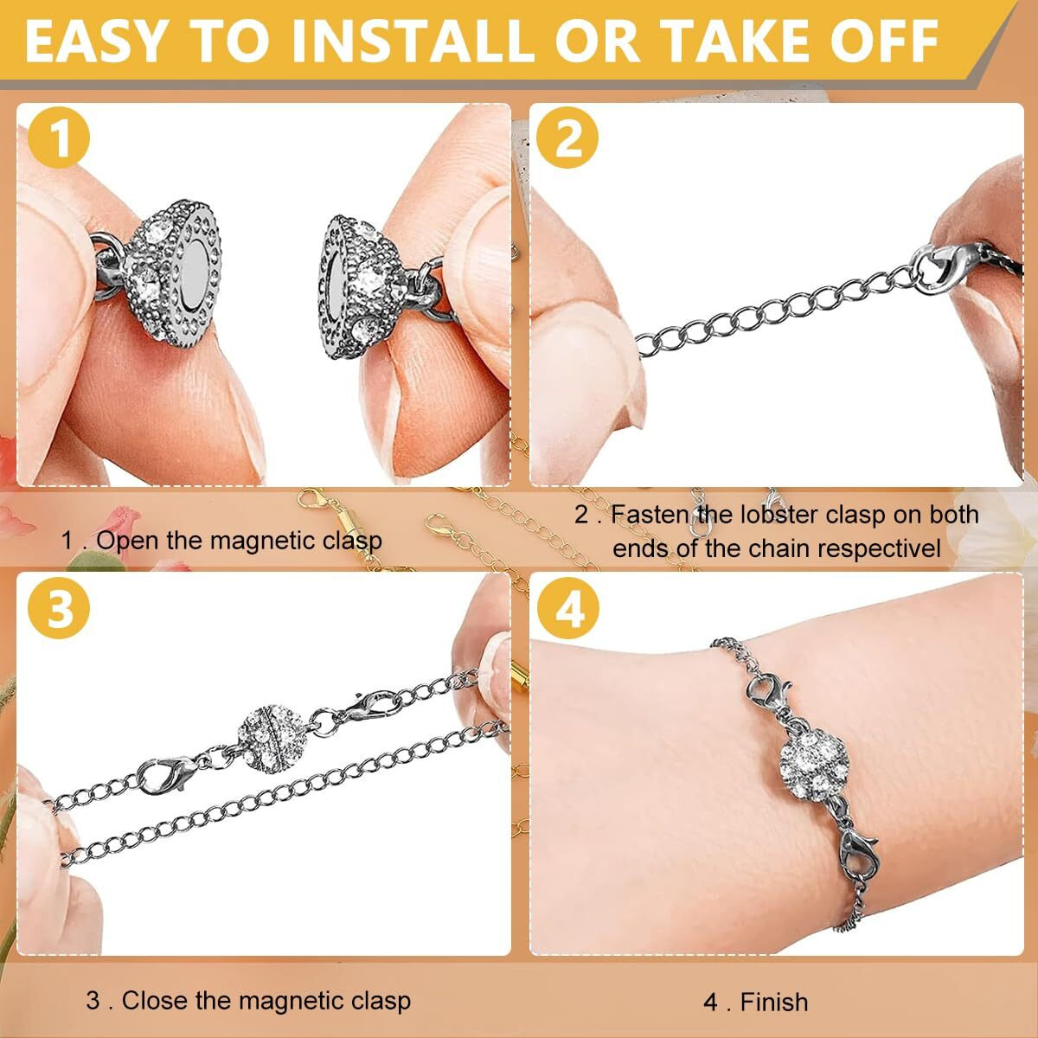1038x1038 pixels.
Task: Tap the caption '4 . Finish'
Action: (x=755, y=1002)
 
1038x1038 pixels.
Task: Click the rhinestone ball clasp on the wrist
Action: (x=810, y=762)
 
